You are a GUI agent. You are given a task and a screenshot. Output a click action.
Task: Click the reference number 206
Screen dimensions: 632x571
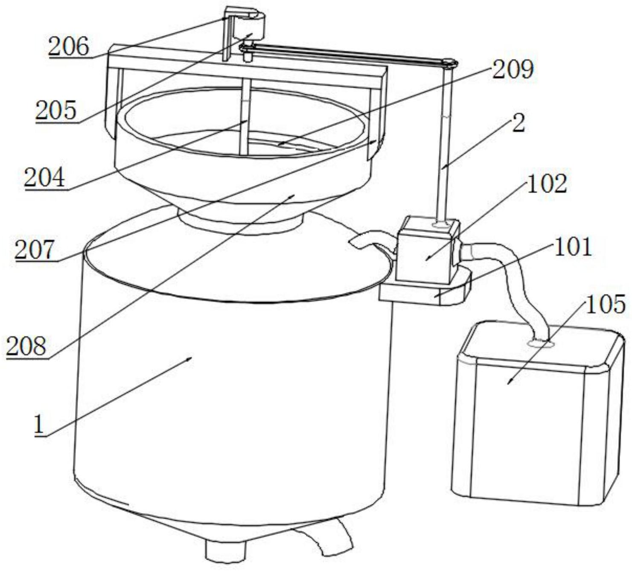[69, 47]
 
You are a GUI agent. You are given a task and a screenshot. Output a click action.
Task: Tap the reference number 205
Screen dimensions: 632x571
[56, 111]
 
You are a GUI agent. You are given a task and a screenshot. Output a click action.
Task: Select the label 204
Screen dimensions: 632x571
[45, 177]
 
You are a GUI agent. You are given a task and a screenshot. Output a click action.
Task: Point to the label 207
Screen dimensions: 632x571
[35, 250]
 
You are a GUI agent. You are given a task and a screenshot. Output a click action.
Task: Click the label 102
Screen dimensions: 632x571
[548, 184]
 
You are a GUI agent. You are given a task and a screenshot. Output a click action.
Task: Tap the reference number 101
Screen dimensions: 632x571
[572, 247]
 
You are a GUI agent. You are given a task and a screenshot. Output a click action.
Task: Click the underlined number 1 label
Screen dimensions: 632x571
[39, 425]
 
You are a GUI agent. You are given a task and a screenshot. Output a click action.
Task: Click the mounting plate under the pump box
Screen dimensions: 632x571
[425, 293]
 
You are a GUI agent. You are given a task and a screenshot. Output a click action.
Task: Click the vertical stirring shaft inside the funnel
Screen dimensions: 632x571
[245, 124]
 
